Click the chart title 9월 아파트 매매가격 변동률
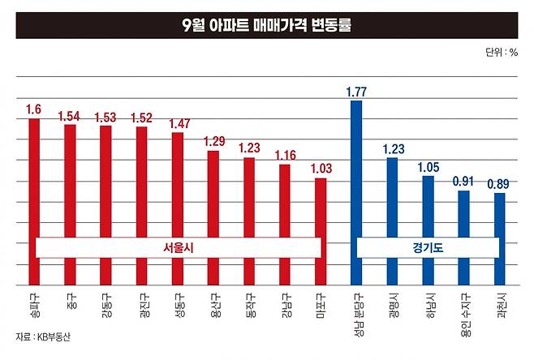[267, 25]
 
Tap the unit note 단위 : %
[502, 53]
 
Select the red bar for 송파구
[34, 202]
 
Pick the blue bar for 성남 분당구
[356, 193]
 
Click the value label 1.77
[356, 92]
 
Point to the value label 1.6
[33, 109]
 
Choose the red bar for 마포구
[321, 232]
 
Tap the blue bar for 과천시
[500, 239]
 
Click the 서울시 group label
[179, 248]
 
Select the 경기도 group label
[428, 248]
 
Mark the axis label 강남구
[286, 306]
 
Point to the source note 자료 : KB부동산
[43, 336]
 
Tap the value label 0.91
[463, 182]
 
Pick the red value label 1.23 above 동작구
[249, 148]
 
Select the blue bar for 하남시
[428, 231]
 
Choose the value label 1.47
[179, 123]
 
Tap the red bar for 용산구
[213, 218]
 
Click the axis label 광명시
[394, 306]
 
